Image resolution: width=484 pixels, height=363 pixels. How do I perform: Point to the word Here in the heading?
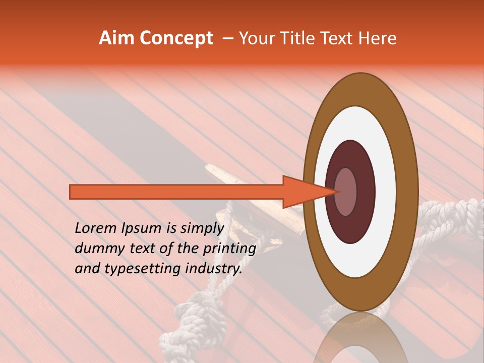(378, 38)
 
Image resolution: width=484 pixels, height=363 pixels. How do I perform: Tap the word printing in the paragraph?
(230, 249)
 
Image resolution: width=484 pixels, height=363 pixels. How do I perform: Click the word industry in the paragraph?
(214, 269)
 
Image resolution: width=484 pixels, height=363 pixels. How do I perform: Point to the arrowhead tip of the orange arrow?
(337, 192)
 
